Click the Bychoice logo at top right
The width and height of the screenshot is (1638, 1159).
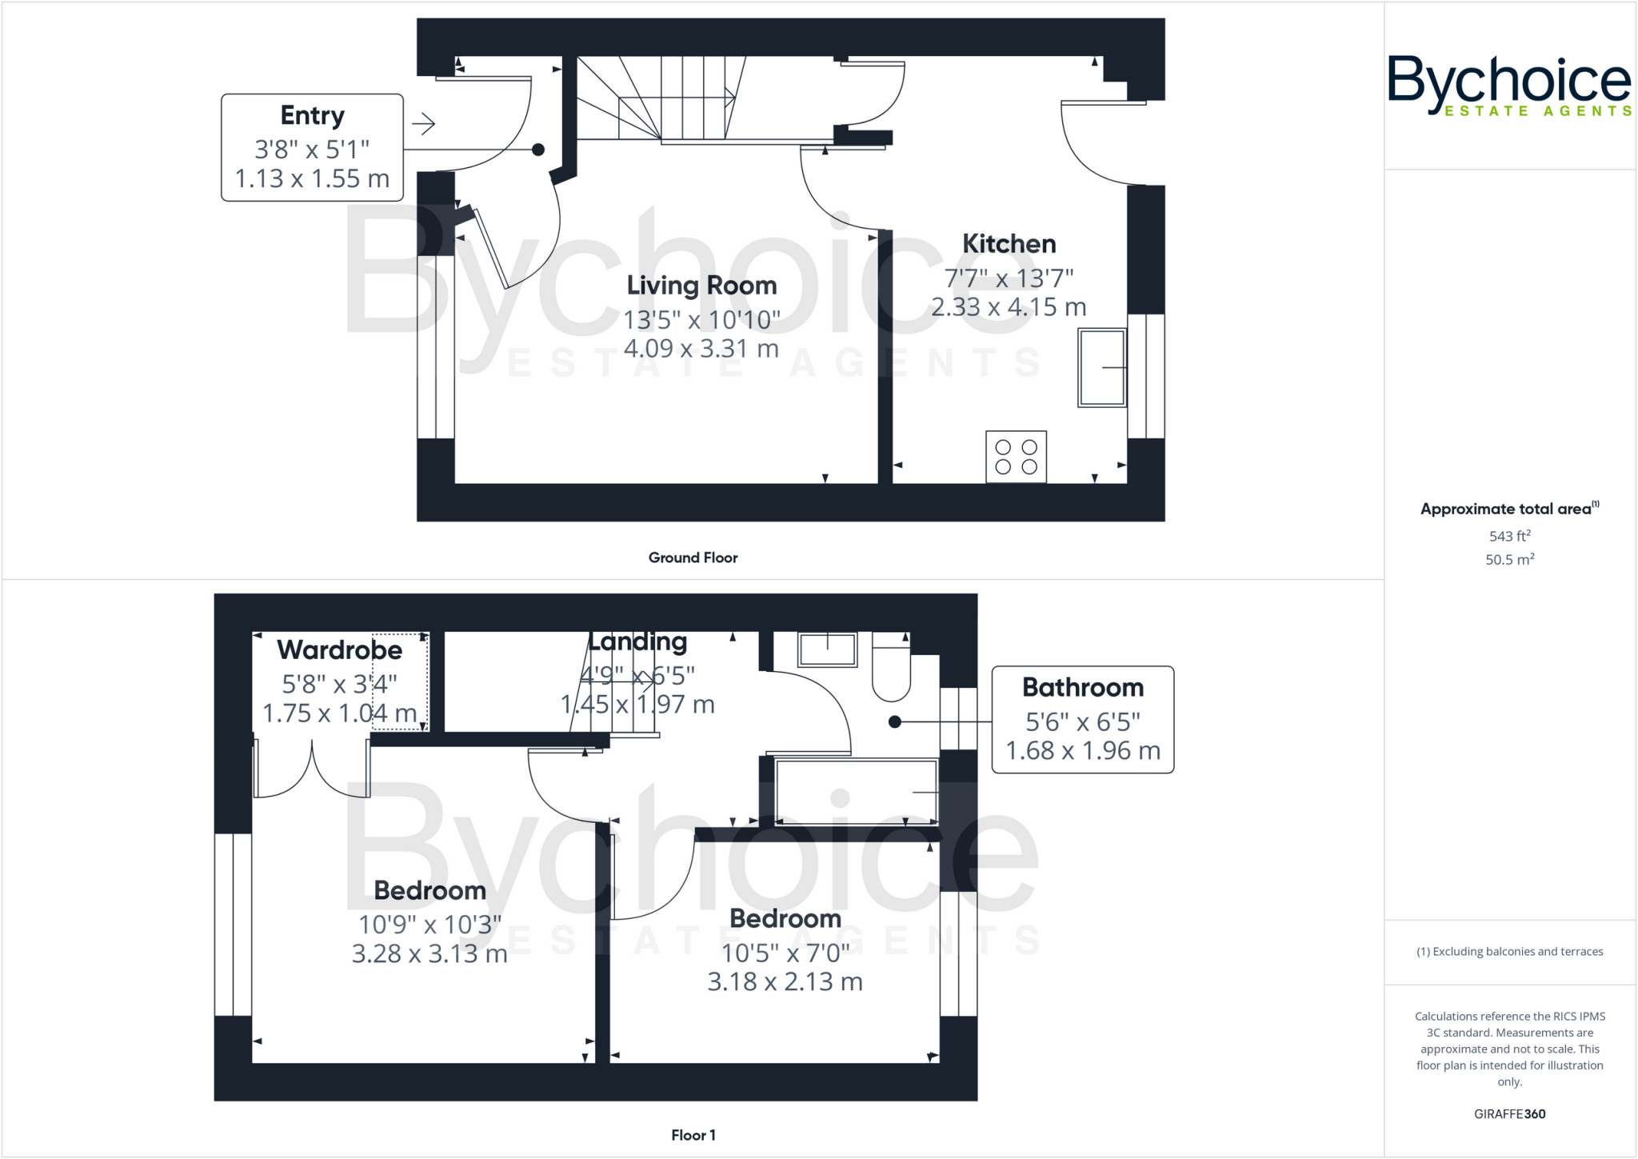(1508, 86)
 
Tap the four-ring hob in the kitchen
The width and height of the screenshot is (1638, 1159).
(1016, 458)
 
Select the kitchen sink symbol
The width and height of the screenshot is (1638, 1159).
(1101, 368)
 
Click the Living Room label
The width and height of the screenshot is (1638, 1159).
(701, 286)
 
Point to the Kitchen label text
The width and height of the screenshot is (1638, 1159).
(1009, 244)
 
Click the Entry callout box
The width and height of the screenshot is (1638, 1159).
(312, 147)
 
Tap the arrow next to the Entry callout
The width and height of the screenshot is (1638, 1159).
(423, 124)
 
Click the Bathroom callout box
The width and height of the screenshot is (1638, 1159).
(1082, 719)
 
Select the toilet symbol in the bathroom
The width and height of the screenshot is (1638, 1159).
(890, 669)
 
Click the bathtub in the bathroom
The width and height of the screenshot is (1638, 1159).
(856, 792)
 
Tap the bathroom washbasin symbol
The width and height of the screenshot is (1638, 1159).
(828, 649)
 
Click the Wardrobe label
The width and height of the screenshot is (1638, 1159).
(339, 650)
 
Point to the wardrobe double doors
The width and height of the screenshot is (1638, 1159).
(312, 769)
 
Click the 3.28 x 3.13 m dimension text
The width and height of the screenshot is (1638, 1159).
(429, 953)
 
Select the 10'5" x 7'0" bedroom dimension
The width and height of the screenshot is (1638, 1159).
(785, 953)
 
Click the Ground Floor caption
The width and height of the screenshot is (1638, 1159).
(693, 558)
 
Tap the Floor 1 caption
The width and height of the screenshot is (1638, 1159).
(693, 1135)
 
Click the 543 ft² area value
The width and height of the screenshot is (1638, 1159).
(1509, 536)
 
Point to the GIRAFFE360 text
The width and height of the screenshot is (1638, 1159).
(1509, 1113)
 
